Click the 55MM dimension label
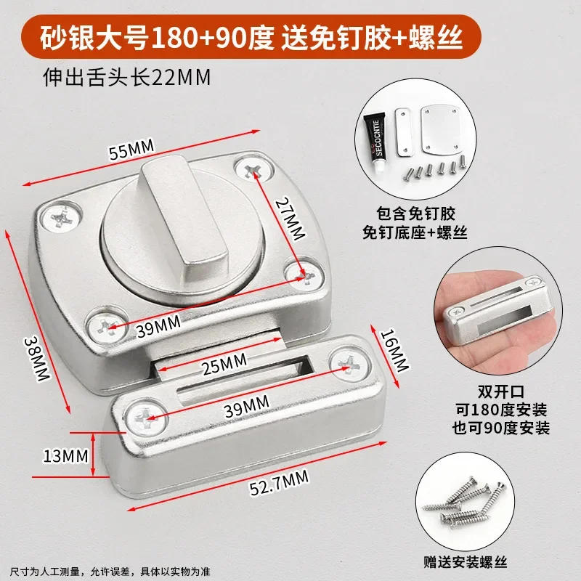click(131, 149)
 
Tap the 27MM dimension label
click(290, 219)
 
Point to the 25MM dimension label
click(224, 364)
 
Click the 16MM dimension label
click(395, 350)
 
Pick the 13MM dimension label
click(65, 456)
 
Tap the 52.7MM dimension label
click(279, 482)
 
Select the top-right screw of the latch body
click(255, 170)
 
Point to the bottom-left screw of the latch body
click(106, 326)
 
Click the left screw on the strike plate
click(146, 418)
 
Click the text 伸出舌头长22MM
click(126, 78)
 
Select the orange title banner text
click(251, 38)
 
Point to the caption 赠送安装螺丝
click(466, 561)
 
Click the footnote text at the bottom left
click(110, 571)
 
